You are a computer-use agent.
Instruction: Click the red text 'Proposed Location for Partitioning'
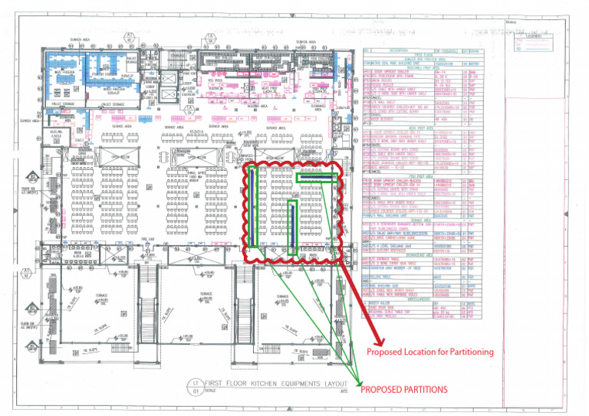429,352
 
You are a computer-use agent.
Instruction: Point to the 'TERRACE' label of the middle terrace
207,293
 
